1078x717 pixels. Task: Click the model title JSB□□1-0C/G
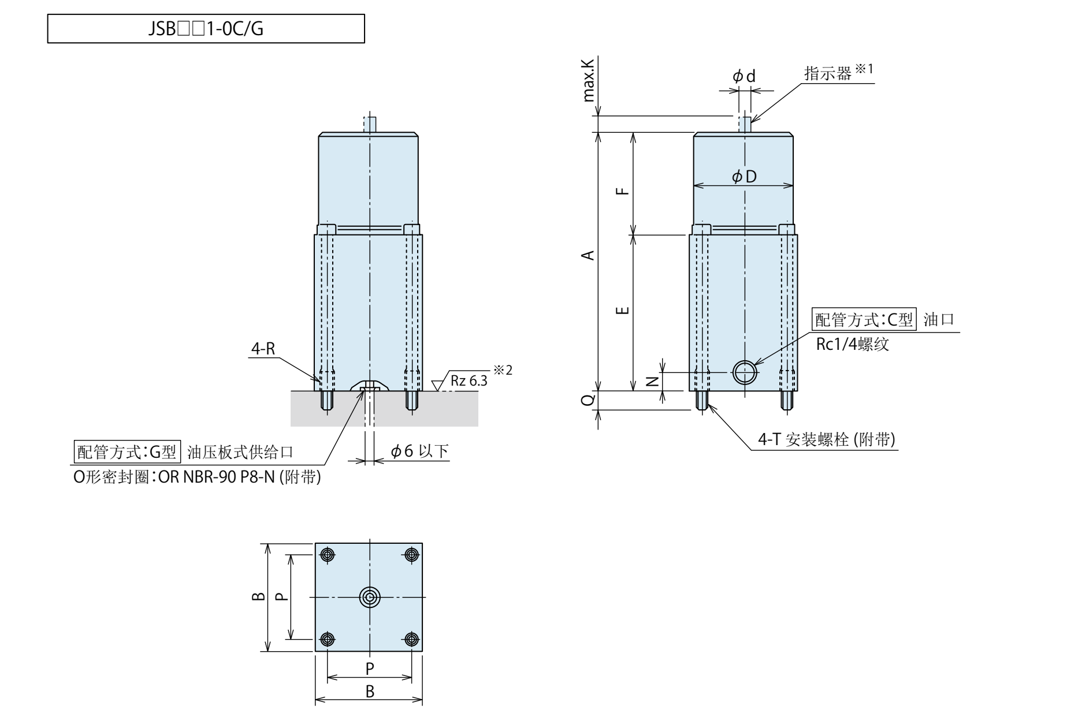pyautogui.click(x=206, y=29)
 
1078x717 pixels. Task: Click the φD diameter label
pyautogui.click(x=744, y=177)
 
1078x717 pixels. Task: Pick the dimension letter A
pyautogui.click(x=589, y=255)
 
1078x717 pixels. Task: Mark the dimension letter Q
pyautogui.click(x=588, y=399)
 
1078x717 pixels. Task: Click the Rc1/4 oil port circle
pyautogui.click(x=744, y=372)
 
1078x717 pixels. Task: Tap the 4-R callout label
pyautogui.click(x=262, y=349)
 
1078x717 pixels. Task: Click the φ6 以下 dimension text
pyautogui.click(x=419, y=451)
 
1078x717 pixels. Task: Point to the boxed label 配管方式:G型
pyautogui.click(x=128, y=452)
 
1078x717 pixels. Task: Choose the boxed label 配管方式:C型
pyautogui.click(x=864, y=320)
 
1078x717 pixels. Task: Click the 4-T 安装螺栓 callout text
pyautogui.click(x=826, y=440)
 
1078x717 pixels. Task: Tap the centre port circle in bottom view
pyautogui.click(x=369, y=597)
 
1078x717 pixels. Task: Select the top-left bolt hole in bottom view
pyautogui.click(x=327, y=555)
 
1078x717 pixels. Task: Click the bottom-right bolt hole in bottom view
pyautogui.click(x=411, y=639)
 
